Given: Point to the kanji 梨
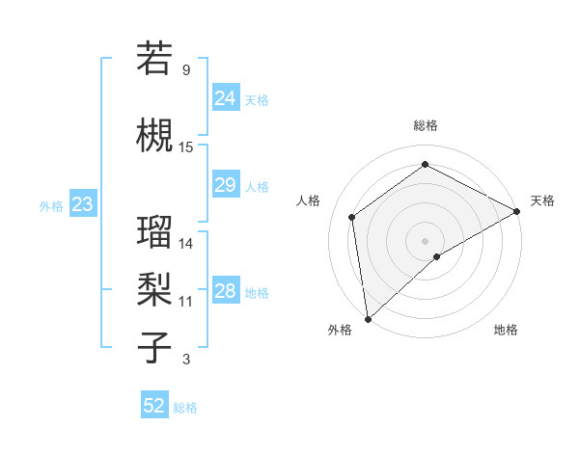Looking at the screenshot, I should pos(154,288).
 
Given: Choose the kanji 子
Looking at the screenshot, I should pos(154,347).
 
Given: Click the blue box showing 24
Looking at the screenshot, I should pos(225,97).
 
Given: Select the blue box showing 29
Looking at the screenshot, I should pos(225,185).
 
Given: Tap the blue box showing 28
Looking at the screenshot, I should pos(225,291).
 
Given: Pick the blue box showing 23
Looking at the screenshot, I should pos(82,203).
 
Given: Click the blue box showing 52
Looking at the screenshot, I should pos(154,406).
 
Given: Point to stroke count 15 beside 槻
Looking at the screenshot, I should pos(186,147).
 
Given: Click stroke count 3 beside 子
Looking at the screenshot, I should pos(186,360).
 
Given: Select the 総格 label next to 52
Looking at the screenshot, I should pos(185,408).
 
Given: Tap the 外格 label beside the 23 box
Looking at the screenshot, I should pos(51,205).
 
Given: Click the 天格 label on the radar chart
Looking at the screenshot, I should pos(542,200).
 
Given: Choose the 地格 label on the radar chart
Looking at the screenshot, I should pos(506,330).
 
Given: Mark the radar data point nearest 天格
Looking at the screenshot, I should pos(517,211).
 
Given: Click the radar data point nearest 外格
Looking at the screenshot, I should pos(368,318).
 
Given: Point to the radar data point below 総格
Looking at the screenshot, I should pos(425,165).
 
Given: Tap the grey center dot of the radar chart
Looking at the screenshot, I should pos(425,240).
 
